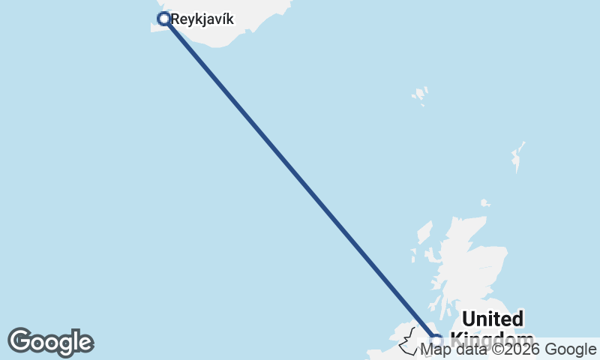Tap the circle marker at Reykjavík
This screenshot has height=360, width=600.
(163, 18)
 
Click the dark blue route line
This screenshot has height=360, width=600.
(300, 180)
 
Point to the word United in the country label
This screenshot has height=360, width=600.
(492, 319)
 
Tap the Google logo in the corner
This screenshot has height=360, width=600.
(50, 342)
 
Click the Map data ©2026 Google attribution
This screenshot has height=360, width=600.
(508, 349)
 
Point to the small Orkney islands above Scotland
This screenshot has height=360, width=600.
(485, 202)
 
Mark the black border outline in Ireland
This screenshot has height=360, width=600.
(409, 341)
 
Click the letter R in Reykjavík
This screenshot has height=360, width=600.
(175, 19)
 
